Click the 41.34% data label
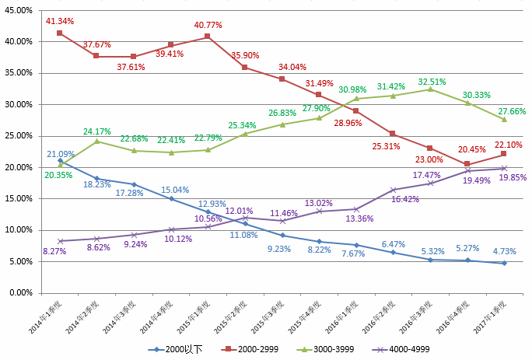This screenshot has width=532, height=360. (60, 19)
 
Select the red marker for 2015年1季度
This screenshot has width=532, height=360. (208, 36)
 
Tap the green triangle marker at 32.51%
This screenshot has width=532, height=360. (430, 89)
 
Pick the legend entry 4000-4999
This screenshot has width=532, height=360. (406, 349)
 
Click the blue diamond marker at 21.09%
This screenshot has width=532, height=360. (60, 160)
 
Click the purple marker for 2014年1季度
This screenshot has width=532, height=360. (60, 241)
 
